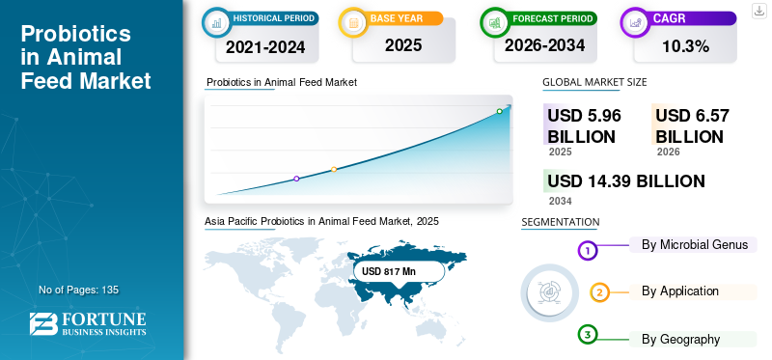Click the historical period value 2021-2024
pos(261,46)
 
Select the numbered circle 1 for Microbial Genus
pos(588,251)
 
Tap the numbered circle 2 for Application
pos(599,292)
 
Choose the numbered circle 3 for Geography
pos(588,335)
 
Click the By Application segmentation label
pos(680,291)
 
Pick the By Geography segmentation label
pos(680,339)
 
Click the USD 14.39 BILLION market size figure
pos(625,180)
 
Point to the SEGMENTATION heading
pos(560,222)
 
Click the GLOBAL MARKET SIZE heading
pos(594,82)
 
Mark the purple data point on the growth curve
pos(296,179)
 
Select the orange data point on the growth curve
pos(334,169)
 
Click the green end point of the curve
pos(500,111)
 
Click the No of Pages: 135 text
pos(78,290)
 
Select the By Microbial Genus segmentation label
pos(695,244)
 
